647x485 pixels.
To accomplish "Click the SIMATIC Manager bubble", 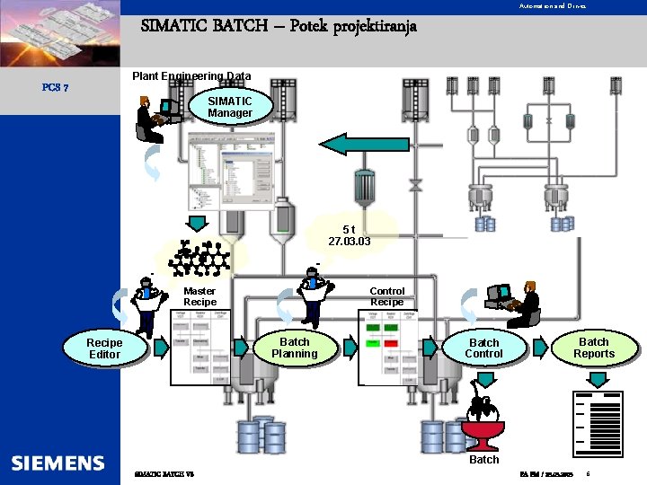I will click(230, 107).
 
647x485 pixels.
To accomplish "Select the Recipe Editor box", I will click(104, 348).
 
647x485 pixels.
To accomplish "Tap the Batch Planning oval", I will click(295, 348).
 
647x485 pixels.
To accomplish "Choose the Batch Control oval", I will click(483, 348).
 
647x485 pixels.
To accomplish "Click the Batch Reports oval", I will click(593, 348).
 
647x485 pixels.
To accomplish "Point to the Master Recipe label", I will click(199, 296).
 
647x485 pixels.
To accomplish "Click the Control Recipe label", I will click(387, 296).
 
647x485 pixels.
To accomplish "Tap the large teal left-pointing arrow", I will click(351, 144).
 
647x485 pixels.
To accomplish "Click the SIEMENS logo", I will click(58, 463).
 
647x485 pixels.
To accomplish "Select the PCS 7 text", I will click(50, 88).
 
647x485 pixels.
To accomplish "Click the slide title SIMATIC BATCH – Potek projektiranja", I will click(279, 26).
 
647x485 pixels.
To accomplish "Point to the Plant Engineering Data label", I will click(191, 76).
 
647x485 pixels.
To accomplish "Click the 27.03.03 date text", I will click(350, 242).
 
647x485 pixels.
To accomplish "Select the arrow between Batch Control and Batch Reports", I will click(540, 348).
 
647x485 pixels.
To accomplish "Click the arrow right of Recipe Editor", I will click(160, 348).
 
